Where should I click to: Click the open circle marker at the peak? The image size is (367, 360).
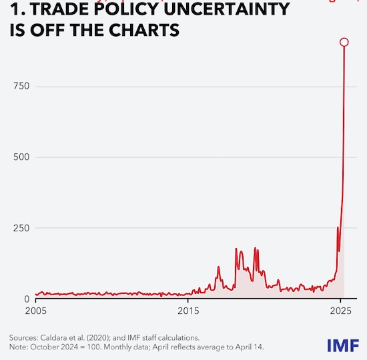[344, 42]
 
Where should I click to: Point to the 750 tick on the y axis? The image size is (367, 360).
[22, 86]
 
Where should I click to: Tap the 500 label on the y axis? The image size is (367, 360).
[22, 157]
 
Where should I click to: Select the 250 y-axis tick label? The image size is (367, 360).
[22, 228]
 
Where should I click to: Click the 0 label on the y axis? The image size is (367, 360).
[27, 299]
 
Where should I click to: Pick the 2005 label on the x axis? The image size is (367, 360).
[35, 311]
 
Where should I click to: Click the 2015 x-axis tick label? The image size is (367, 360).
[188, 311]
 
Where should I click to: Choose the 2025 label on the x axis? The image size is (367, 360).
[341, 311]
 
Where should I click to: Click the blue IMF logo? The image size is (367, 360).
[344, 345]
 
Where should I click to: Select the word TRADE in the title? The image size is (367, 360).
[46, 9]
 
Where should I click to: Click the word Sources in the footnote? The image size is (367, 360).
[25, 338]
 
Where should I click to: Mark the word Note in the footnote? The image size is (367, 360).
[19, 347]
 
